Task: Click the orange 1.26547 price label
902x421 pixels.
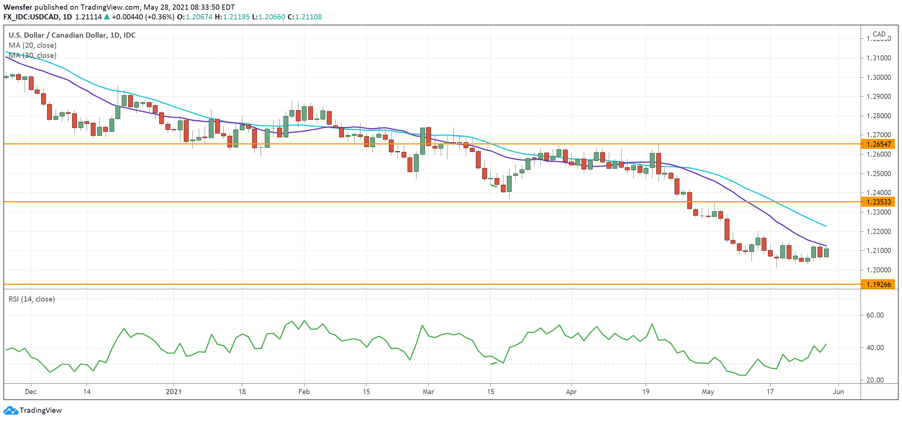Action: coord(878,144)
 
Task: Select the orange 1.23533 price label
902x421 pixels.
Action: coord(878,202)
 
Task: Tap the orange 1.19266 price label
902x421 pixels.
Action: coord(878,284)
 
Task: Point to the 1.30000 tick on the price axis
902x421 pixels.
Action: coord(878,77)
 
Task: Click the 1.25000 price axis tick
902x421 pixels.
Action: coord(878,174)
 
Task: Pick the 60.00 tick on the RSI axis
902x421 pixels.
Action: coord(875,315)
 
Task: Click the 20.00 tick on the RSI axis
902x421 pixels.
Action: coord(875,380)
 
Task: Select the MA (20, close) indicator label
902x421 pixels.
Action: coord(32,45)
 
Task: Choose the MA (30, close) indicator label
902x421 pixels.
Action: coord(32,55)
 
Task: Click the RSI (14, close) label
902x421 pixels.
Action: coord(32,299)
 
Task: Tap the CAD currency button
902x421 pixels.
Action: coord(879,34)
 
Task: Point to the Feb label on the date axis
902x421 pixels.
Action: coord(304,392)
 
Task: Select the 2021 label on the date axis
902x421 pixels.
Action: coord(174,392)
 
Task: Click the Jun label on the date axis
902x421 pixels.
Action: coord(839,392)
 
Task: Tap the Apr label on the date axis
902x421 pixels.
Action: coord(571,392)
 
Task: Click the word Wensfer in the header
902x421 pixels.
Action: coord(18,7)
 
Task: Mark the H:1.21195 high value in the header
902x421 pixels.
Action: coord(232,17)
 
